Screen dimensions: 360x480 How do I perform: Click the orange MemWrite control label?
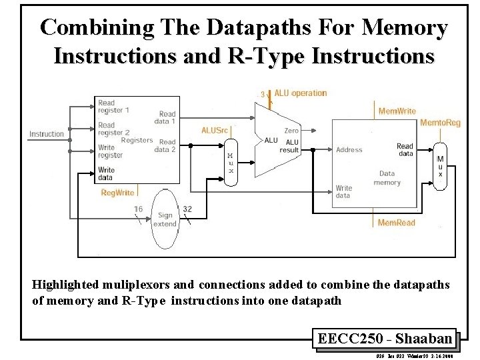[397, 111]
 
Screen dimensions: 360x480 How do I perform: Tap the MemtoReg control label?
[439, 123]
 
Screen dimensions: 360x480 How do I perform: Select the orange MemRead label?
[396, 222]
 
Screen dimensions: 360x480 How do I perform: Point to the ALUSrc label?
[215, 130]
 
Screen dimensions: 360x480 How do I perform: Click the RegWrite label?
[117, 193]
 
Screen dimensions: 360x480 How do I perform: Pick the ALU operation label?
[300, 93]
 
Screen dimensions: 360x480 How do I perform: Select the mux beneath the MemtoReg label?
[439, 166]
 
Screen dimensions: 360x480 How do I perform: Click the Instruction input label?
[47, 134]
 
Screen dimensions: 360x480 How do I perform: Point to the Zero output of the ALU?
[291, 131]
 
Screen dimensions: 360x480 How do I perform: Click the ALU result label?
[289, 146]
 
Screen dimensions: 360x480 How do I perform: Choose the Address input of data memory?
[349, 150]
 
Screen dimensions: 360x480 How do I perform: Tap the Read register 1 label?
[114, 107]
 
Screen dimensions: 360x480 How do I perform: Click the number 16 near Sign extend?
[138, 209]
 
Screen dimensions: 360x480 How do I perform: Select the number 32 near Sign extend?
[187, 209]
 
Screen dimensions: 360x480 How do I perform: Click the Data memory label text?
[387, 178]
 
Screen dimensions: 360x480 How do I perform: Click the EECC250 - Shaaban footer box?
[385, 339]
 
